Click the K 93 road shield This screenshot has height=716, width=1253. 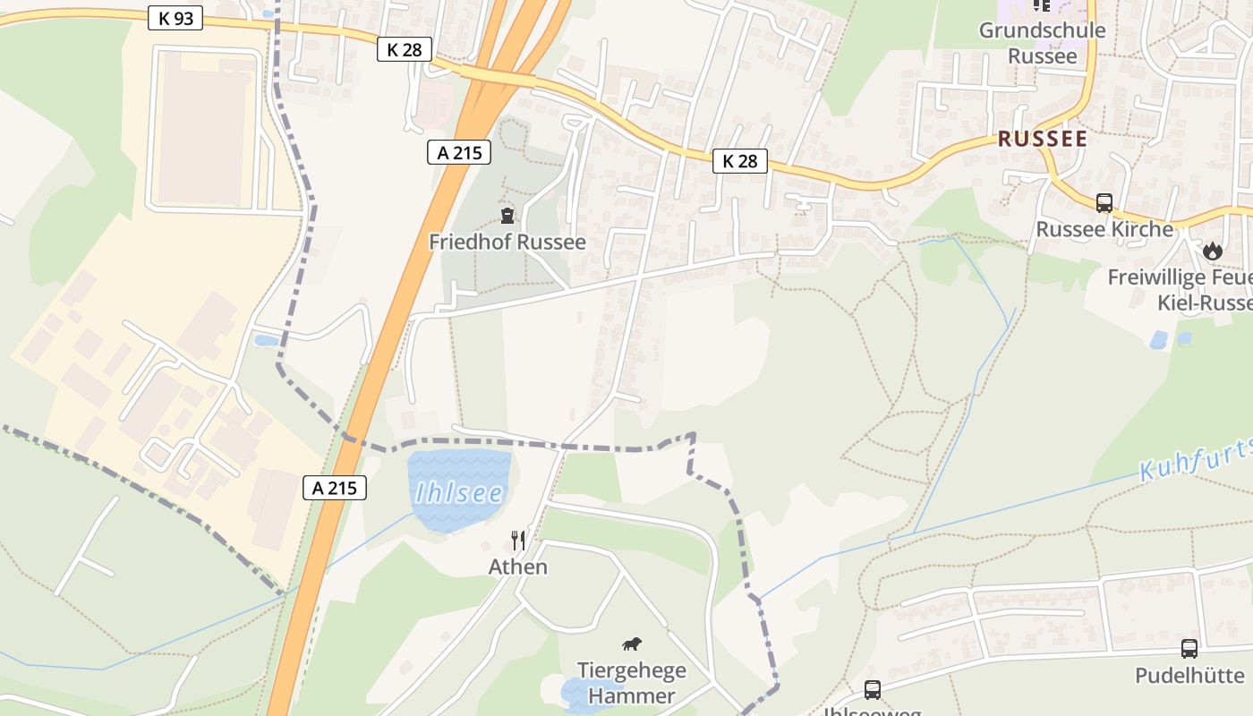175,18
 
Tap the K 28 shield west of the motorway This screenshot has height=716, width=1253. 405,49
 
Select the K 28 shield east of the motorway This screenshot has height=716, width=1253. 740,161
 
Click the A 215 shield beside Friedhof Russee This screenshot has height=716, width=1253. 459,152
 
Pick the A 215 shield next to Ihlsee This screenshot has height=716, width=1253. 335,488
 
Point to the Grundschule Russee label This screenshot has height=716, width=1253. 1042,43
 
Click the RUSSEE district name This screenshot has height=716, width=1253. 1043,139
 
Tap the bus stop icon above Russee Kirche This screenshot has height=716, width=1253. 1104,203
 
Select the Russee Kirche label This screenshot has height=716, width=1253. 1104,229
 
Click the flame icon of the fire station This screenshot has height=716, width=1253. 1213,251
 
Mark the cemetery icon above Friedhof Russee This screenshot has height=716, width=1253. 507,216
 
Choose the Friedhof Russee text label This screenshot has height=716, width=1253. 507,242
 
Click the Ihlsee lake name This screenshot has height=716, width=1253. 459,493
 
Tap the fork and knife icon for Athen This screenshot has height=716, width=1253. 518,540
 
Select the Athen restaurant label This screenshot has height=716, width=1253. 518,567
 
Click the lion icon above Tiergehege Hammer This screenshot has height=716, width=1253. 632,644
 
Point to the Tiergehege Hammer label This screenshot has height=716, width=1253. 632,683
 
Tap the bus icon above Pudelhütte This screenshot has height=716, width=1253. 1189,649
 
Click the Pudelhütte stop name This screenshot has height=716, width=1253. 1189,675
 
